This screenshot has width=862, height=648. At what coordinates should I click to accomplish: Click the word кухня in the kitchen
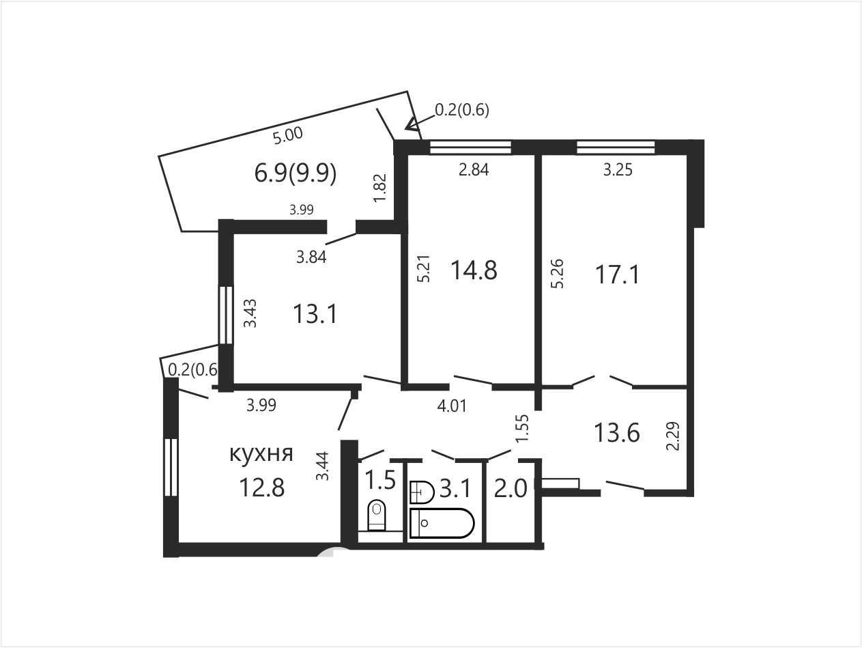261,454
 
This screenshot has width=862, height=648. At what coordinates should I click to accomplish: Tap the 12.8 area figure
261,488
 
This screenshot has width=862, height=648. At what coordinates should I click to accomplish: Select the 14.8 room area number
474,270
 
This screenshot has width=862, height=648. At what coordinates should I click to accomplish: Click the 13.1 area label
315,315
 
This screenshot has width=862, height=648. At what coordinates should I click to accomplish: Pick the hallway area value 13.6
617,432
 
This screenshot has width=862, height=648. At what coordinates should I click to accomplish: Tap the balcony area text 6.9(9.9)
296,173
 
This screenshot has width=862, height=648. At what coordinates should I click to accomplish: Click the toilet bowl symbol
377,516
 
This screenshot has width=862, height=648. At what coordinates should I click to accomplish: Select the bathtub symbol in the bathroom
442,523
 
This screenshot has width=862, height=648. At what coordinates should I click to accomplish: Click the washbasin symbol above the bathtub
422,492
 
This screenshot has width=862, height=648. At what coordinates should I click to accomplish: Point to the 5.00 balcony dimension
288,136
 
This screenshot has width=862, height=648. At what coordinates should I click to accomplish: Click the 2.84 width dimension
474,169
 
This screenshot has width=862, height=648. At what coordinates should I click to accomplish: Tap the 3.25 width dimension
618,169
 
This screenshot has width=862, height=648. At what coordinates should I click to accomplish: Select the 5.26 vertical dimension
557,274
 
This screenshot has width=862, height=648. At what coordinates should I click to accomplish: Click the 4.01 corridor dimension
452,406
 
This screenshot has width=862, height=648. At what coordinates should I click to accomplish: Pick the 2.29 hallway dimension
673,436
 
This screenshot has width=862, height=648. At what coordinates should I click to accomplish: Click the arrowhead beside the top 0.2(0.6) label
413,124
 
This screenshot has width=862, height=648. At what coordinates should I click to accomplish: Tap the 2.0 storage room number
510,490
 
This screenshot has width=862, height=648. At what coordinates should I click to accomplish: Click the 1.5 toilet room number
380,479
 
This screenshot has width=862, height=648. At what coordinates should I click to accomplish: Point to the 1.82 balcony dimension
381,188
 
